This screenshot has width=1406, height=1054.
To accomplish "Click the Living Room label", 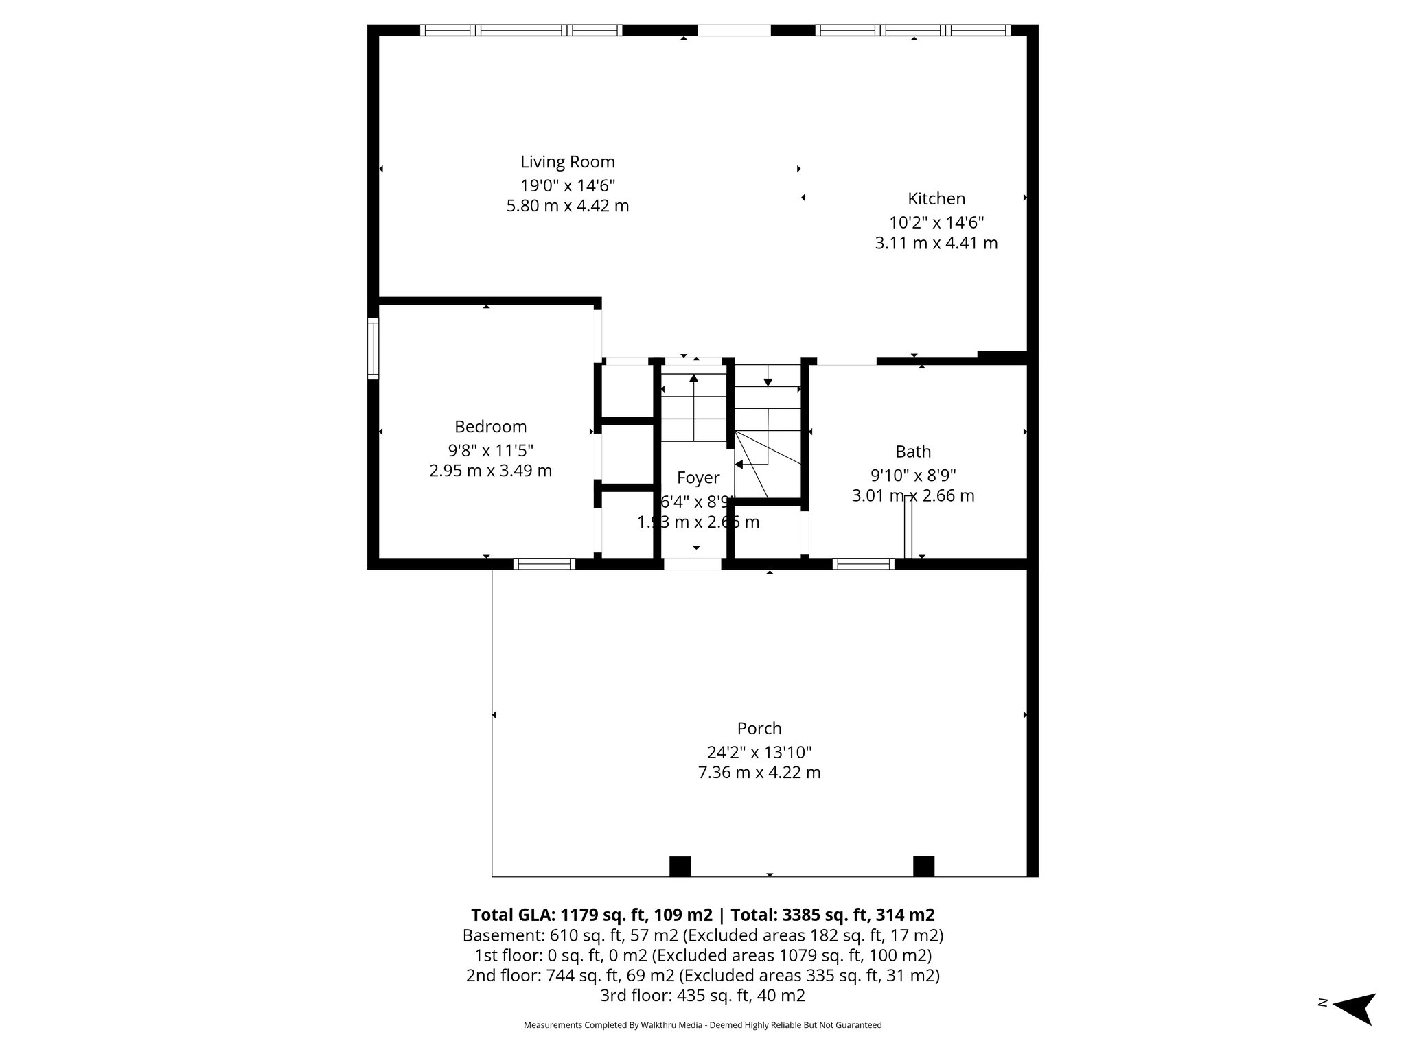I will click(x=567, y=162).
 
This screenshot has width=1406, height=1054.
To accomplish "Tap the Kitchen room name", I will click(x=936, y=199).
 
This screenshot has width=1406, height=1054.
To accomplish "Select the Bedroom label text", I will click(x=490, y=427).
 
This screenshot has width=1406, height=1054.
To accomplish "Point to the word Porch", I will click(x=759, y=728).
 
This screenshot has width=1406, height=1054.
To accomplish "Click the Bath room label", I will click(x=912, y=452).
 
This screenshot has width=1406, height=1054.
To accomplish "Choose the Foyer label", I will click(x=698, y=478).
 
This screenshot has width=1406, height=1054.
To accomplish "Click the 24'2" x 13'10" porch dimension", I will click(x=759, y=752).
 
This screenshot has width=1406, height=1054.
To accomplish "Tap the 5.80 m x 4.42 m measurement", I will click(x=567, y=206).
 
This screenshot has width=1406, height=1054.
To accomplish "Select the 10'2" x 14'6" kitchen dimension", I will click(x=936, y=222).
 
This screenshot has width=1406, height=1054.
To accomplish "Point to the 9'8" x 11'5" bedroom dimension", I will click(x=490, y=450).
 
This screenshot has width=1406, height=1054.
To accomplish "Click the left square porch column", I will click(x=679, y=866).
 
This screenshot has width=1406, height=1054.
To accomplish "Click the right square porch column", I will click(x=923, y=866).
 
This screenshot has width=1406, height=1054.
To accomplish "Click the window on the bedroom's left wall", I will click(x=373, y=348).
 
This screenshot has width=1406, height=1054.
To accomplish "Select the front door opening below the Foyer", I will click(x=692, y=564).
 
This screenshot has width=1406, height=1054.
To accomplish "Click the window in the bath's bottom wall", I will click(x=863, y=564).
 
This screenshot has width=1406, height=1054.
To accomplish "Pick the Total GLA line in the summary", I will click(x=702, y=915).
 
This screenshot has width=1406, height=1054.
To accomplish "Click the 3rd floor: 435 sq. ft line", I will click(x=702, y=996).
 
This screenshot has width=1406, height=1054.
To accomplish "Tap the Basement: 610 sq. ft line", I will click(x=702, y=935).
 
